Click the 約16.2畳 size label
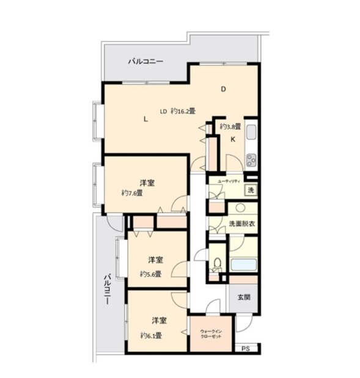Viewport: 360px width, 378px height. click(183, 111)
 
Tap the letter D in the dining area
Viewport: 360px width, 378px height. click(223, 89)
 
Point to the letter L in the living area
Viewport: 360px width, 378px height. click(145, 119)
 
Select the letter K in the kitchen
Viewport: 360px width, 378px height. click(233, 139)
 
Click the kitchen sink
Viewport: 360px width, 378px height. click(251, 132)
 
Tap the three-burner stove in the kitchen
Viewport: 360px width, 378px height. click(251, 160)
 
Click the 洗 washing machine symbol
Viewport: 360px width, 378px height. click(251, 190)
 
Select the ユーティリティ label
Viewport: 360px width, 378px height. click(229, 182)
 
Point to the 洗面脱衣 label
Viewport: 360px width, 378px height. click(241, 224)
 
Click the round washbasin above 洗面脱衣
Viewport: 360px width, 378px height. click(240, 208)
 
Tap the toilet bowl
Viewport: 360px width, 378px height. click(218, 263)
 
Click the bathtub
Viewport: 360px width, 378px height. click(243, 265)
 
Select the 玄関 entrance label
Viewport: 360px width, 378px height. click(244, 297)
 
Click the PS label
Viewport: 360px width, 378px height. click(246, 349)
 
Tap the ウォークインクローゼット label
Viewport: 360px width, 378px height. click(211, 334)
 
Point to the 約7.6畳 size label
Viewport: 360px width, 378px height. click(132, 193)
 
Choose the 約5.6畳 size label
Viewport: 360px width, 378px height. click(151, 274)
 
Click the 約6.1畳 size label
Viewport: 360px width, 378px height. click(151, 335)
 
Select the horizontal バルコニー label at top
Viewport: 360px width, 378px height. click(145, 62)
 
